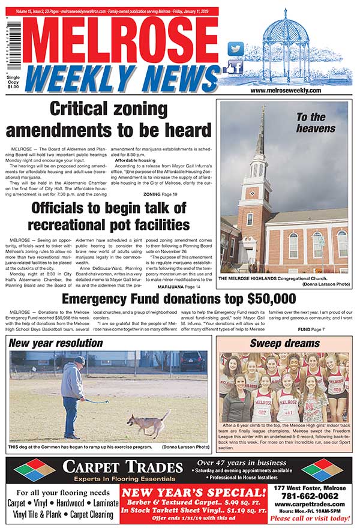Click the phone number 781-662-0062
tap(315, 496)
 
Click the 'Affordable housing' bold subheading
tap(135, 161)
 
